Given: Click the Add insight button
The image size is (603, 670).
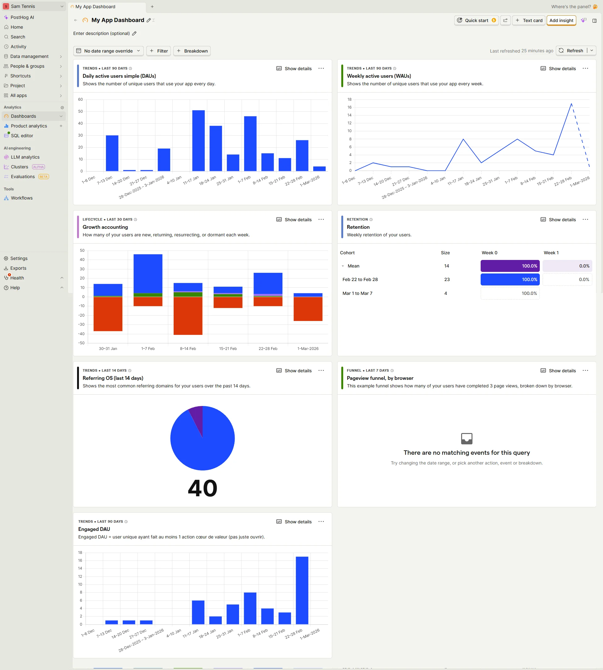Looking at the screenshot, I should tap(561, 20).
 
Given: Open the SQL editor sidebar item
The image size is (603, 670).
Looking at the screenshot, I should tap(22, 136).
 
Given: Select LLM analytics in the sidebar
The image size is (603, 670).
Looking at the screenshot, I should tap(25, 157).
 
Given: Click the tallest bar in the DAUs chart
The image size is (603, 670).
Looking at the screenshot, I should tap(198, 141).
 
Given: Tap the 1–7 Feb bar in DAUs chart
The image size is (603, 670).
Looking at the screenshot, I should tap(250, 144).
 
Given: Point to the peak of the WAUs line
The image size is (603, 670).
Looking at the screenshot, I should tap(571, 104).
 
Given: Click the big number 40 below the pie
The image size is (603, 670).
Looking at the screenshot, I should tap(203, 488).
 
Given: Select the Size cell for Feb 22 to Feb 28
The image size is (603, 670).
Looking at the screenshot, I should tap(447, 279).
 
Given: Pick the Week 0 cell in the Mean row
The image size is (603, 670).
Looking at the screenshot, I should tap(510, 266).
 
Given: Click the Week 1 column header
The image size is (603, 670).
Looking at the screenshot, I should tap(551, 253).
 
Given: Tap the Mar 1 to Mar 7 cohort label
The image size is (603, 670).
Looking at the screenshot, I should tap(357, 293).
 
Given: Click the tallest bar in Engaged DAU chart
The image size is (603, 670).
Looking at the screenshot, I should tap(302, 590).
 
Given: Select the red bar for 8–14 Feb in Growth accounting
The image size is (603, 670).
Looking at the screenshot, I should tap(188, 316).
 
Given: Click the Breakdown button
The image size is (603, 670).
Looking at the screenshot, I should tap(192, 51).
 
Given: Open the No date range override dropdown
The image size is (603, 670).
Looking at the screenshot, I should tap(108, 51).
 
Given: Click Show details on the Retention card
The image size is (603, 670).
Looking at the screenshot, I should tap(558, 219).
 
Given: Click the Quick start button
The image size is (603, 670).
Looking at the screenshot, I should tap(476, 20).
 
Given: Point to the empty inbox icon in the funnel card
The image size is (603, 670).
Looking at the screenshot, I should tap(466, 438).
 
